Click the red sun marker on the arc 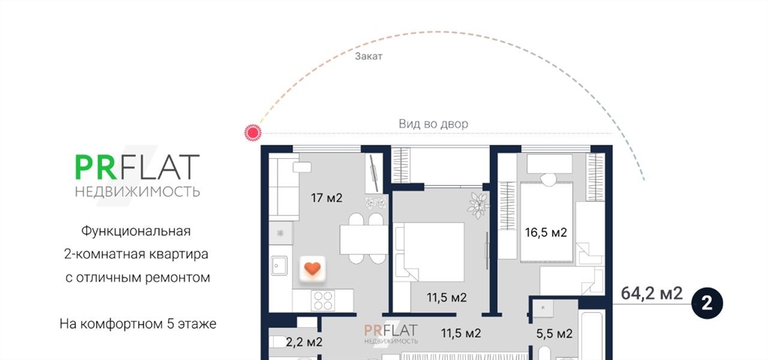tap(253, 133)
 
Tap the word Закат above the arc tap(368, 55)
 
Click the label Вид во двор tap(433, 124)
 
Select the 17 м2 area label tap(326, 198)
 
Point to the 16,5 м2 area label tap(546, 232)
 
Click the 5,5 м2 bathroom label tap(554, 334)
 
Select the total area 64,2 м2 tap(652, 293)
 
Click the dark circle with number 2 tap(706, 304)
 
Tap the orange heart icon tap(312, 268)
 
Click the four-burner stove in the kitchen tap(322, 300)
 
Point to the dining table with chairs tap(364, 238)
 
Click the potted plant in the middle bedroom tap(478, 205)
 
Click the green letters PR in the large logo tap(95, 167)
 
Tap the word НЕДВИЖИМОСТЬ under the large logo tap(138, 191)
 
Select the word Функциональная tap(136, 231)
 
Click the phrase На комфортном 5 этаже tap(138, 324)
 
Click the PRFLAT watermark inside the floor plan tap(390, 333)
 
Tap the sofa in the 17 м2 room tap(283, 188)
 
